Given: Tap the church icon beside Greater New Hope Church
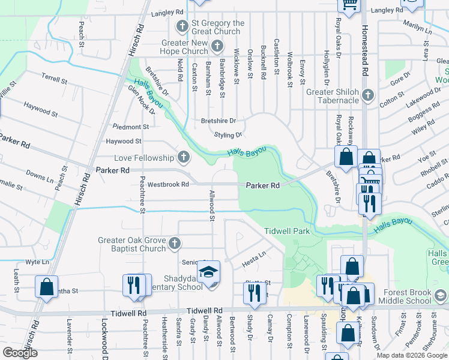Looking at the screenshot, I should point(217,47).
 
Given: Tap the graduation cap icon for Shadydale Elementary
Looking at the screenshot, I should point(209,273).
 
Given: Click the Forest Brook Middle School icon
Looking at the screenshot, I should point(440,295).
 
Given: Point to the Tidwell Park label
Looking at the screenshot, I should point(286,231).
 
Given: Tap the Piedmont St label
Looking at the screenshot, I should point(131,127).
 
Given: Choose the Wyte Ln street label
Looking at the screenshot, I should point(37,262).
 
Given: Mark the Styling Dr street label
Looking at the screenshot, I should point(228,135).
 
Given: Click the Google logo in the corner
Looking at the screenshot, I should point(20,353).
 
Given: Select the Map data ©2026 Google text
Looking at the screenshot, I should point(411,355).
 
